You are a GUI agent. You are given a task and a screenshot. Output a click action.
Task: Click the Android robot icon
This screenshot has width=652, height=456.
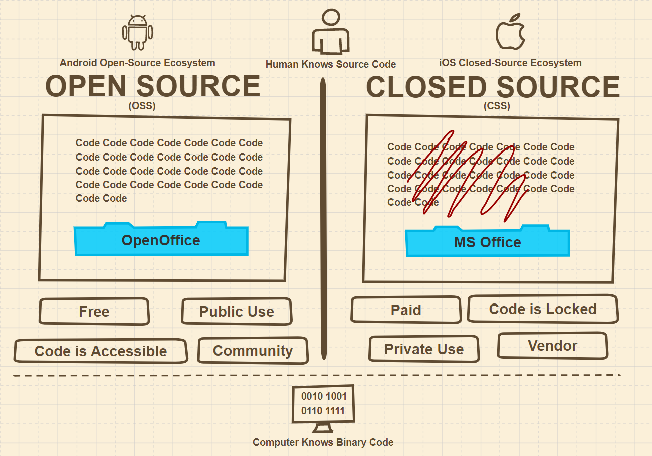138,32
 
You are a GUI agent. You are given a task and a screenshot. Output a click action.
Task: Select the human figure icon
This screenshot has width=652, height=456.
331,32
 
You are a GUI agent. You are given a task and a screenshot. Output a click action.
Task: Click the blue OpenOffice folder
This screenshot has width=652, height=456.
161,240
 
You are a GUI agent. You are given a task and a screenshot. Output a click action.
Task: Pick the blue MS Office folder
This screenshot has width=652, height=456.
487,242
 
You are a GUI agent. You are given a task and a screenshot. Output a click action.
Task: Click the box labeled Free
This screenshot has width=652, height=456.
94,312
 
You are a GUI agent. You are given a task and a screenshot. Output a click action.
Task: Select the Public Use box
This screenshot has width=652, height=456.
237,312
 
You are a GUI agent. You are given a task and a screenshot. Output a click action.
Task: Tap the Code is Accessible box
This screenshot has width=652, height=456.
101,351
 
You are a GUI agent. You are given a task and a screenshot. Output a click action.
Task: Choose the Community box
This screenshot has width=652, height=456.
253,350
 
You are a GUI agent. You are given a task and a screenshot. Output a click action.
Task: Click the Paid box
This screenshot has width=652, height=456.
406,310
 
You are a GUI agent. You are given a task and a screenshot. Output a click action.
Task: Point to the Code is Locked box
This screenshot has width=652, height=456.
543,309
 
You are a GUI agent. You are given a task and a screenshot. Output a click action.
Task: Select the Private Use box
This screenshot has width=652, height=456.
424,349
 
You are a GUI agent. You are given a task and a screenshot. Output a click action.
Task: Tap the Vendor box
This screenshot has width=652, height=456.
552,345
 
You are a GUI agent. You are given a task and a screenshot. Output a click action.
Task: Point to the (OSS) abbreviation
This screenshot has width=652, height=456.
142,106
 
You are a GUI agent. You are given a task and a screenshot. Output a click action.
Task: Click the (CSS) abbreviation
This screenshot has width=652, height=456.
497,106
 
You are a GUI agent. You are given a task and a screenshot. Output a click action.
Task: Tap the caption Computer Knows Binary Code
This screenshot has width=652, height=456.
323,442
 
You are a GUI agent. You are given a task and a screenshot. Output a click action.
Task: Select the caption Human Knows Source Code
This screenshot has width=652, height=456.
331,64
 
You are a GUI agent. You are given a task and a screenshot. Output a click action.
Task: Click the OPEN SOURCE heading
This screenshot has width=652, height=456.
153,86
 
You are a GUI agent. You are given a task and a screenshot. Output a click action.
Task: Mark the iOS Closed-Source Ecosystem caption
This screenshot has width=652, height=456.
510,63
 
